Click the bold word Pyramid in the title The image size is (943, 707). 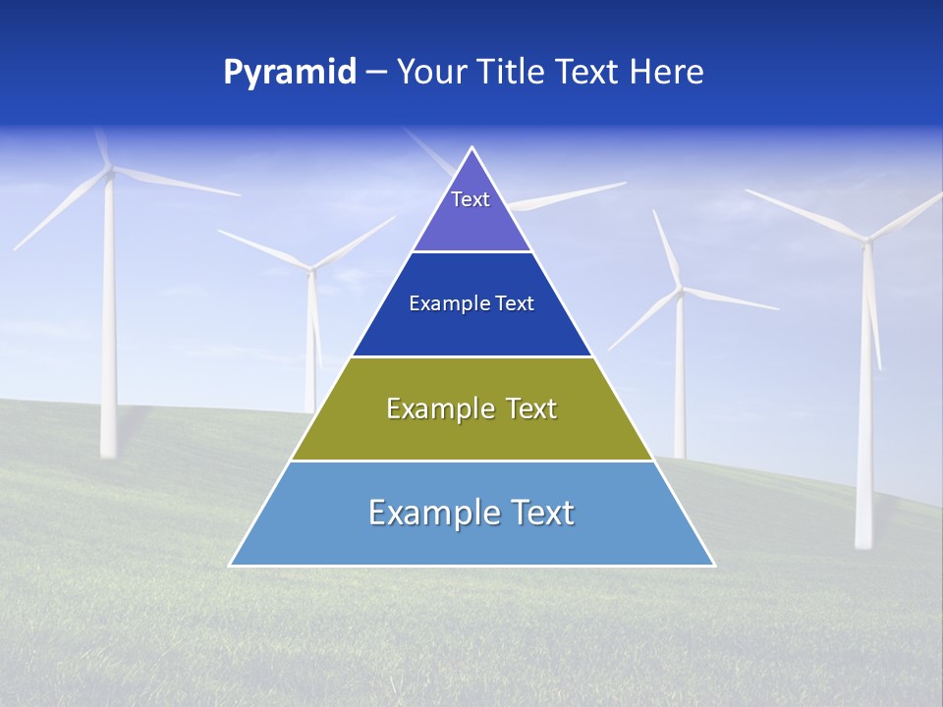coord(290,73)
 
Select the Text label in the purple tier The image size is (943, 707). coord(471,199)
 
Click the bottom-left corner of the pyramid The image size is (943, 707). coord(231,565)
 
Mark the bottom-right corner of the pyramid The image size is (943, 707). coord(713,565)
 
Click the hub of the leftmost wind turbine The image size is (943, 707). coord(109,173)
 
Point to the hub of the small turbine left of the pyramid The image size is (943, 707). coord(312,268)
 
